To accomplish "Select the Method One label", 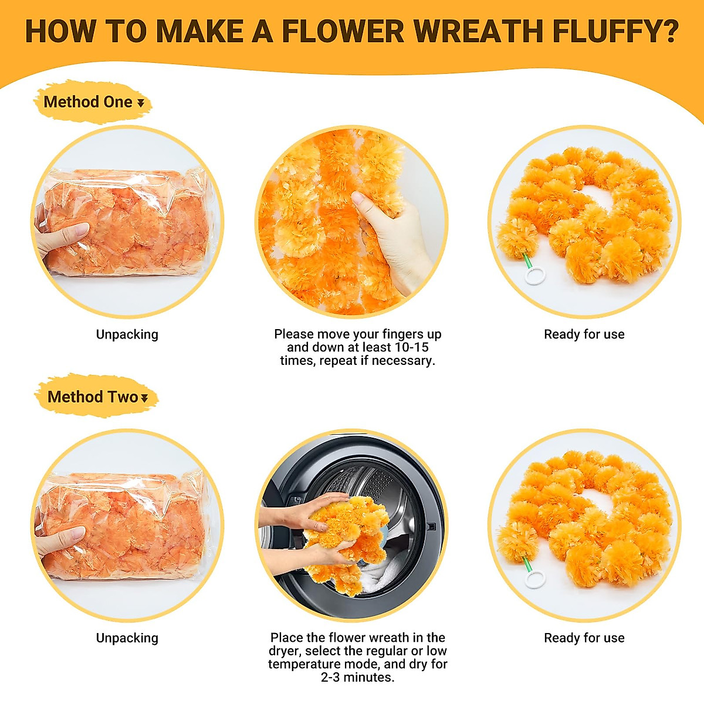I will [88, 102].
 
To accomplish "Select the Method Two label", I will [93, 397].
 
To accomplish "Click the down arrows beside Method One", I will [141, 103].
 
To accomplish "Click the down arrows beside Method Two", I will [144, 398].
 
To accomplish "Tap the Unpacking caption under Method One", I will [127, 334].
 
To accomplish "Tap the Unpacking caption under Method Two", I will [127, 638].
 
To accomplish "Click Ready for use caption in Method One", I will [584, 334].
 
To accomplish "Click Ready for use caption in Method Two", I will [584, 638].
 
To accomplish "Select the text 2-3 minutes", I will [357, 677].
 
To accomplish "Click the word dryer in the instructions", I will [284, 651].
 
